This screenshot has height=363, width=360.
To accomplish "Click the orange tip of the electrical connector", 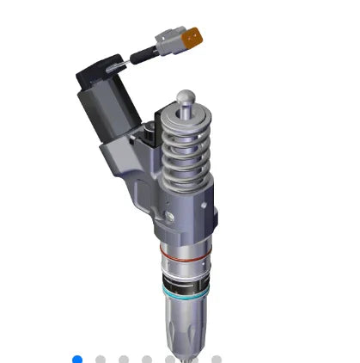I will (x=198, y=36).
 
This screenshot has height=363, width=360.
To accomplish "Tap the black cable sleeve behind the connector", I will (x=141, y=58).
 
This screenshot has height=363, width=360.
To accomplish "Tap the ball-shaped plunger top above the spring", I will (x=186, y=99).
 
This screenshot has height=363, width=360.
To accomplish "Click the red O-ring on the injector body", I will (x=182, y=255).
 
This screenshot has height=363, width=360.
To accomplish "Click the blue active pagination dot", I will (x=77, y=359).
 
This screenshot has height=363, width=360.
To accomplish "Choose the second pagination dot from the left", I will (x=101, y=359).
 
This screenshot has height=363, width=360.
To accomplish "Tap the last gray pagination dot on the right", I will (x=217, y=359).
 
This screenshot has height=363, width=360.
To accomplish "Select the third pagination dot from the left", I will (x=124, y=359).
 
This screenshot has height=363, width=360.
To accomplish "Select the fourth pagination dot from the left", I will (x=147, y=359).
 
